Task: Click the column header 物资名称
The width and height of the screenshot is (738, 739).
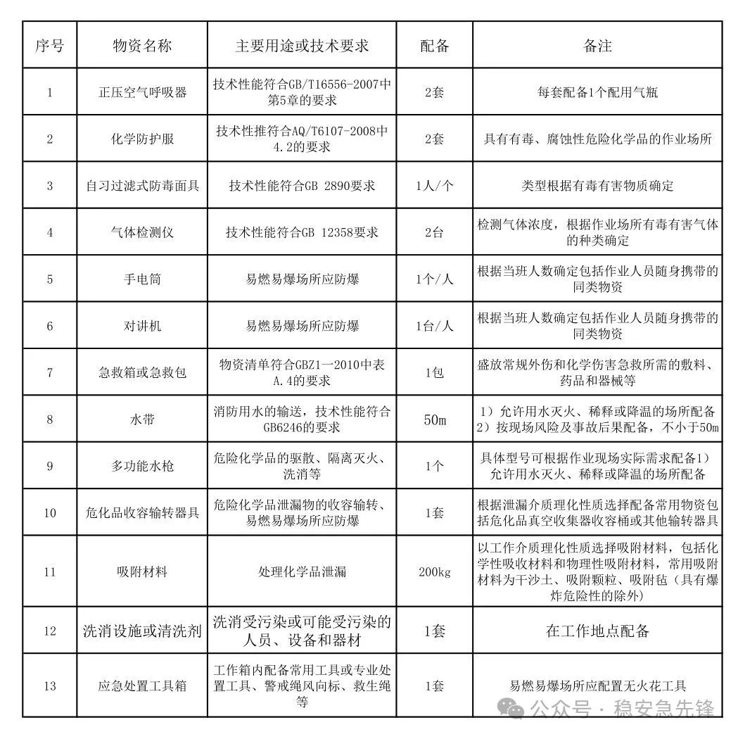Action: (142, 46)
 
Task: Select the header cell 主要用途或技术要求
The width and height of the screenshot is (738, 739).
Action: (302, 46)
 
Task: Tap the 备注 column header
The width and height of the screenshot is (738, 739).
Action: (597, 46)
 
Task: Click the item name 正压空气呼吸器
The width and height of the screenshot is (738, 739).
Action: (142, 92)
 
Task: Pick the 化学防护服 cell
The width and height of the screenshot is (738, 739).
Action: (142, 139)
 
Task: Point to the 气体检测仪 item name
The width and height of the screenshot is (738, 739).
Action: (142, 232)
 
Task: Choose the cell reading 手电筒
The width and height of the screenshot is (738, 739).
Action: (142, 279)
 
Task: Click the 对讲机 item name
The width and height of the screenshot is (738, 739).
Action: (142, 326)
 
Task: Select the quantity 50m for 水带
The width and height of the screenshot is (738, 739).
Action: (435, 419)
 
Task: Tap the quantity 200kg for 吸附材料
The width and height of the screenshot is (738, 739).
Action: (435, 571)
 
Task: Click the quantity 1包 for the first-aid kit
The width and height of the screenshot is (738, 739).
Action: (435, 372)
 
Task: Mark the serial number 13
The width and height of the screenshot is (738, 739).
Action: (49, 686)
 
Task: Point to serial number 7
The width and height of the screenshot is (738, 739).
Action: (49, 372)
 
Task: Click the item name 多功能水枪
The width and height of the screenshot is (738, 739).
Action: (142, 466)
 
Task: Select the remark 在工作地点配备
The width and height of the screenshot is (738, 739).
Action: (597, 630)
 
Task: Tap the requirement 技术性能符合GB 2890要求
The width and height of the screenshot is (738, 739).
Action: (302, 186)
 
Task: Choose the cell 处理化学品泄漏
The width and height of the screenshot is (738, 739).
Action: (302, 571)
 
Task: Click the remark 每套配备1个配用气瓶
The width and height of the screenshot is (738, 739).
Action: (597, 92)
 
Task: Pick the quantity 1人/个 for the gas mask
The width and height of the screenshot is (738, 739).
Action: (435, 186)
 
